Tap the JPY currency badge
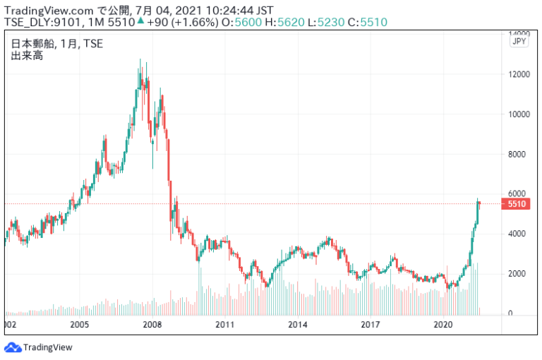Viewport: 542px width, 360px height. (x=519, y=42)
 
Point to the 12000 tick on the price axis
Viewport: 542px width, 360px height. (x=521, y=74)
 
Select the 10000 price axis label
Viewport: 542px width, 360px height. (x=521, y=114)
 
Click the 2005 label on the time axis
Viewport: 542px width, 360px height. (x=79, y=325)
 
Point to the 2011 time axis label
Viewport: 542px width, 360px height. (x=224, y=325)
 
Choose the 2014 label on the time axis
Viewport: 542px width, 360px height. (x=298, y=325)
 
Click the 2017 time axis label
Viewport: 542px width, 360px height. (x=371, y=325)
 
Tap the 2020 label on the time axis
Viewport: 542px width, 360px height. (x=443, y=325)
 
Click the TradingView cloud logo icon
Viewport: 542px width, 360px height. (x=13, y=347)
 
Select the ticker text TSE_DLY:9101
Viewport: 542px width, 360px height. (x=42, y=22)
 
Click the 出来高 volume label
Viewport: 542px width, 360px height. (x=26, y=55)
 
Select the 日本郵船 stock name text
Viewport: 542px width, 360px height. (x=30, y=44)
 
